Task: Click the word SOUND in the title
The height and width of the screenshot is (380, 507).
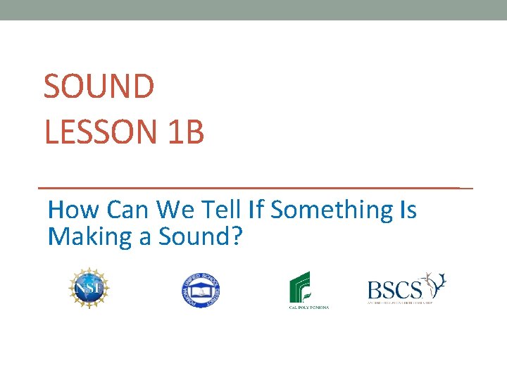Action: tap(99, 87)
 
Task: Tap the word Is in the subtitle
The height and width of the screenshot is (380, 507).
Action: tap(407, 210)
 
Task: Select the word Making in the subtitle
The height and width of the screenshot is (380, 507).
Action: tap(89, 237)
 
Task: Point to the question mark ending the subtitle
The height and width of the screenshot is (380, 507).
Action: tap(237, 237)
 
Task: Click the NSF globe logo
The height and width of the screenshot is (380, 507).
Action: tap(89, 289)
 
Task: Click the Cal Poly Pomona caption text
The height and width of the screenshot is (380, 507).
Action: tap(309, 307)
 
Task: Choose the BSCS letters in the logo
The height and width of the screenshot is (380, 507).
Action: tap(394, 289)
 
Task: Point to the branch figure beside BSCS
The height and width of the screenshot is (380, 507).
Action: tap(434, 284)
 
